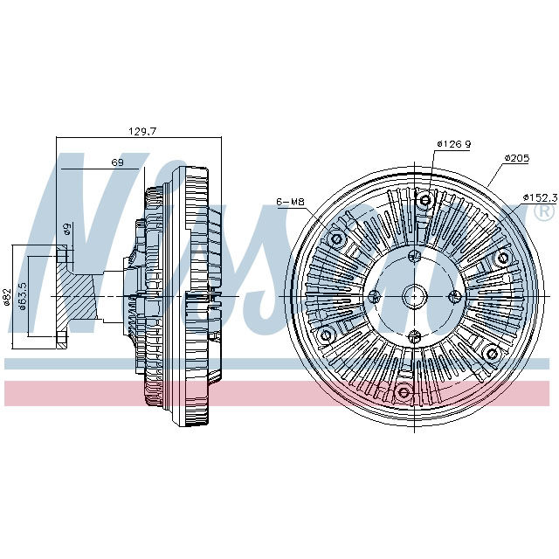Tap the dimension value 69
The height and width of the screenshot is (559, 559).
[117, 162]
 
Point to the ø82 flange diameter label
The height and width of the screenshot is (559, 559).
[6, 298]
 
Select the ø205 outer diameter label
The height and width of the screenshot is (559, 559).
[518, 158]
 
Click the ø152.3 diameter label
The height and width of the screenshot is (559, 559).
[540, 197]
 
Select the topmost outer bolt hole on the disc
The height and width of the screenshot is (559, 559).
[425, 201]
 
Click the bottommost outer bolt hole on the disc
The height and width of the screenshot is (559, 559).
[403, 392]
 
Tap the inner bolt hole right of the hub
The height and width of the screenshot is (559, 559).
[454, 297]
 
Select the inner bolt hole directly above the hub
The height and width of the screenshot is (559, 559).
[415, 257]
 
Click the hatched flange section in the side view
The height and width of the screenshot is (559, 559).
[73, 297]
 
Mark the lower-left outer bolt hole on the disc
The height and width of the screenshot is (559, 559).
[327, 336]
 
